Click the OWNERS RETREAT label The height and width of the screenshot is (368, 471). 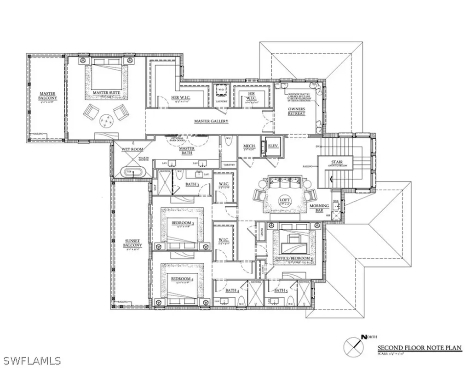point(297,111)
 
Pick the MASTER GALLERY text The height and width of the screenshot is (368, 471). point(211,121)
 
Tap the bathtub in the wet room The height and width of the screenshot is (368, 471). point(132,172)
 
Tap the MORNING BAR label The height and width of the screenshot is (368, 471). point(318,208)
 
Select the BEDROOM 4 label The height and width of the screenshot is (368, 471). point(181,279)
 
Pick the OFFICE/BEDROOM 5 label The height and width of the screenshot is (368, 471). point(294,259)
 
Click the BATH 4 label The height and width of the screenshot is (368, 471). point(231,290)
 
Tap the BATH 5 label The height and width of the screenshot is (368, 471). point(281,290)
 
